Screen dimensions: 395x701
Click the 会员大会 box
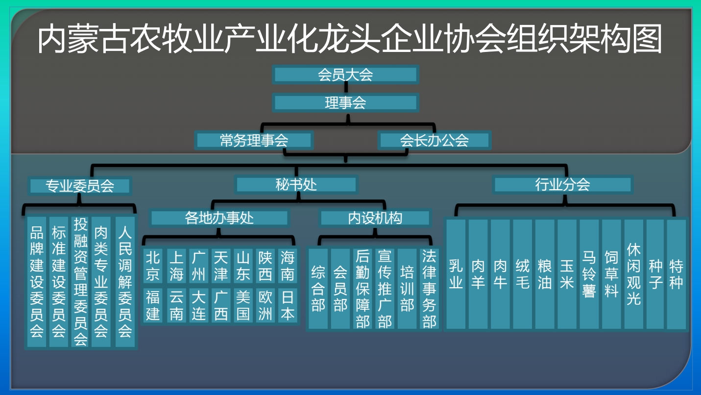click(345, 75)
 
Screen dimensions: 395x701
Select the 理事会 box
click(345, 103)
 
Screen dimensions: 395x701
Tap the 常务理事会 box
click(254, 141)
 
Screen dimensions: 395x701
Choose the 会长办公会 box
click(435, 141)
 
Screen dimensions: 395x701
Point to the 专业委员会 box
click(80, 186)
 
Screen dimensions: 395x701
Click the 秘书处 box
click(296, 185)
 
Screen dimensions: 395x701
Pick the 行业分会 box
click(563, 185)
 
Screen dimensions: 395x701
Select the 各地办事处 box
click(219, 218)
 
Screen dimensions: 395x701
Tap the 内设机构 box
click(375, 218)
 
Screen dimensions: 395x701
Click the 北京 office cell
click(153, 266)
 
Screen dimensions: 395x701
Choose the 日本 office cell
click(288, 305)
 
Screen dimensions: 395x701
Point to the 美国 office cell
click(243, 305)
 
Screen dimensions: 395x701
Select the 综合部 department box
click(318, 289)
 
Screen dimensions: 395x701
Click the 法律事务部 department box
click(429, 289)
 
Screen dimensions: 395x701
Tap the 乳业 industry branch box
click(456, 274)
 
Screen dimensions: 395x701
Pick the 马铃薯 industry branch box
click(589, 274)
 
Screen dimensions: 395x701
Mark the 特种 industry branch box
click(677, 274)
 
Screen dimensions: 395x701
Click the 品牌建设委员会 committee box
click(37, 282)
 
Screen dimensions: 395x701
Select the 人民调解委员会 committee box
click(125, 282)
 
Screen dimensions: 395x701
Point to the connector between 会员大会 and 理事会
click(346, 89)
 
